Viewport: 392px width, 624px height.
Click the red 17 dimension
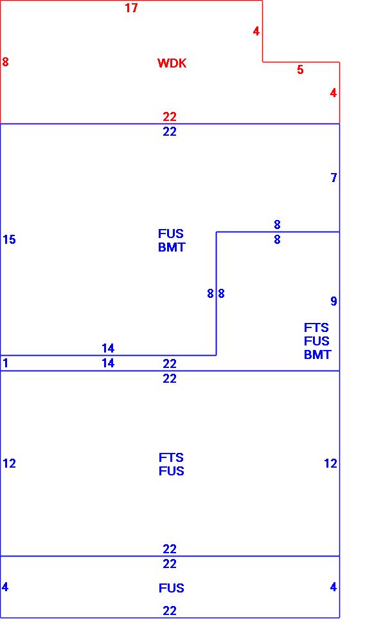[131, 8]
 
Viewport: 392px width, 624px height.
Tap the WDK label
[172, 63]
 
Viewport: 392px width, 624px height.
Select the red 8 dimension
[5, 62]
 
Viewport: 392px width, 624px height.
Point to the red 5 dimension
[300, 70]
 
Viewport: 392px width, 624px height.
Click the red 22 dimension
[169, 116]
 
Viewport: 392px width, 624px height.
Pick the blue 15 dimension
[9, 240]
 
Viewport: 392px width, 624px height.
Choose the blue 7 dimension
[334, 178]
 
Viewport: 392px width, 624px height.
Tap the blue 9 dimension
[334, 301]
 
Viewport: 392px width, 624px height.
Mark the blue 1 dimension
[5, 363]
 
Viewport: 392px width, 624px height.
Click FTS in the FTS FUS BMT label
[316, 328]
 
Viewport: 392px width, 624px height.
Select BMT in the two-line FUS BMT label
[172, 247]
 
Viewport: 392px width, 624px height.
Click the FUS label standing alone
[172, 588]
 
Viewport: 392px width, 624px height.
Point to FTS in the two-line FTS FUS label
[172, 458]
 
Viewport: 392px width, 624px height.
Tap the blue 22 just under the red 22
[169, 132]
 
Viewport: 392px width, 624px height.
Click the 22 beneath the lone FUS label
[169, 610]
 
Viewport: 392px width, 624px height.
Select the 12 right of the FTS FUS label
[330, 464]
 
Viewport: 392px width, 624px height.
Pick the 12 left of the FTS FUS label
[9, 464]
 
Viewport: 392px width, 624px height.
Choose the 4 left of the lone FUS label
[5, 587]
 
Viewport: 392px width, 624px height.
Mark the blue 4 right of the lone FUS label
[334, 587]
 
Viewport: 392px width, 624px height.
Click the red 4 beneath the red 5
[334, 93]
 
